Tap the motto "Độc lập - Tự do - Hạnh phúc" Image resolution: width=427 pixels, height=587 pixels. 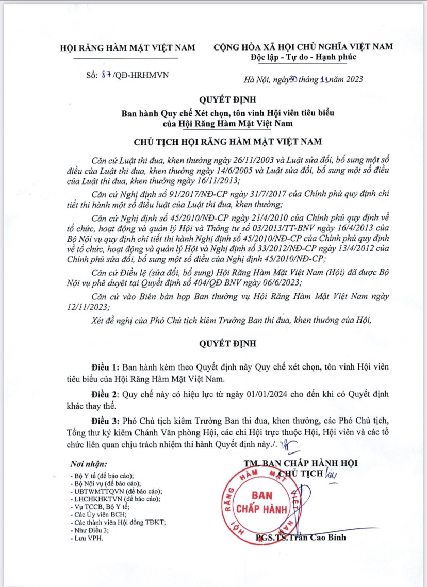pos(303,56)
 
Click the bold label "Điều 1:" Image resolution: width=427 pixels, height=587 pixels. pos(105,367)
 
